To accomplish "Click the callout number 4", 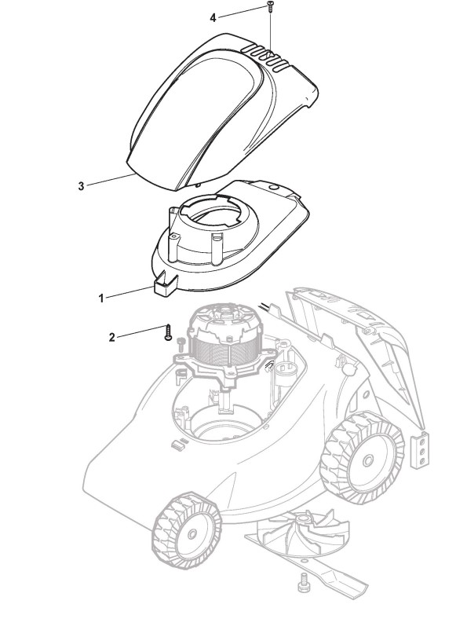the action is (x=213, y=18).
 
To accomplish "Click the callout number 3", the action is (x=82, y=186).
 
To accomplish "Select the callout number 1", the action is (x=101, y=298).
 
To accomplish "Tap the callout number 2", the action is (x=112, y=338).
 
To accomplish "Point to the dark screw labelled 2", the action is (x=168, y=332).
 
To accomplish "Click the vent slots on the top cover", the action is (x=267, y=57).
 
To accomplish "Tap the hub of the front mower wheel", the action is (x=192, y=534).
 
